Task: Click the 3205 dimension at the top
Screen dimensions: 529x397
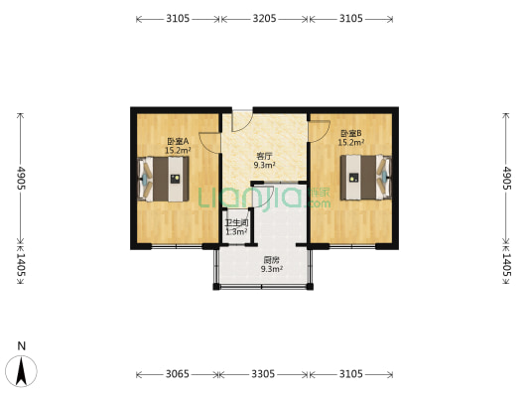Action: pos(264,18)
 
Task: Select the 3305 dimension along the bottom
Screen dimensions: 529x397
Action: pos(263,374)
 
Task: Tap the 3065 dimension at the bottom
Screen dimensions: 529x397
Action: pos(178,374)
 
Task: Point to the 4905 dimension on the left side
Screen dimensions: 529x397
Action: pos(21,178)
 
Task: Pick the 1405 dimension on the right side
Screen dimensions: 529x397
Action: pos(507,265)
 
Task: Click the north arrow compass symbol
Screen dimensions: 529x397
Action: pos(21,371)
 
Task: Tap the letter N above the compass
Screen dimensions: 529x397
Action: pos(22,346)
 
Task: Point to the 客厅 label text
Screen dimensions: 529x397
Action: pos(264,156)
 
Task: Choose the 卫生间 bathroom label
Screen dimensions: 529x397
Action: pos(237,222)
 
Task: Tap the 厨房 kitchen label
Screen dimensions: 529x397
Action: pos(271,260)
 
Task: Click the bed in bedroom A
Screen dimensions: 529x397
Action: pos(163,179)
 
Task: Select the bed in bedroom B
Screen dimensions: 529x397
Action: pos(366,178)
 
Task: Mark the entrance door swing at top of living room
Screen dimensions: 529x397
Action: pos(242,121)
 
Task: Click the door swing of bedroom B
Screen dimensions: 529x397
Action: pos(319,132)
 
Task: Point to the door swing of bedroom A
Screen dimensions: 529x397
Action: pos(209,143)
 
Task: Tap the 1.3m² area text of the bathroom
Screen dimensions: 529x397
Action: pos(237,231)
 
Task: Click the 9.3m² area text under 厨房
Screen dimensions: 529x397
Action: pos(271,269)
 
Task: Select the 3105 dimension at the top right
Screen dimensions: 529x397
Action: pos(351,18)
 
